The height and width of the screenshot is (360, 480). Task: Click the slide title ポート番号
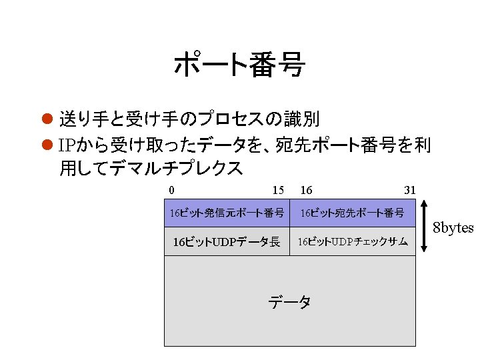tap(239, 66)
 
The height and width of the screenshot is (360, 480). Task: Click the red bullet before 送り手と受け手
tap(47, 119)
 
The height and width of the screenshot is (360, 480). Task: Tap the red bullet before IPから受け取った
tap(47, 145)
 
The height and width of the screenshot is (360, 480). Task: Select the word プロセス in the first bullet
tap(230, 119)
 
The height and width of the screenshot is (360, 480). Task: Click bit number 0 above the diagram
tap(172, 191)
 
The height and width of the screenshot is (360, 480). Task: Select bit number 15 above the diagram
tap(279, 191)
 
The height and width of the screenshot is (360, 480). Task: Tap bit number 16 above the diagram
tap(307, 191)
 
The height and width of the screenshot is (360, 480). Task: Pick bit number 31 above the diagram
tap(410, 191)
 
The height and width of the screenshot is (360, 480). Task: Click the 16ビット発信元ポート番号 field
tap(227, 213)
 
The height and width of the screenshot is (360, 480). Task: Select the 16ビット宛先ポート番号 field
tap(352, 213)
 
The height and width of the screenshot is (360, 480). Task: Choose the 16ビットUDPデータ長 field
tap(227, 241)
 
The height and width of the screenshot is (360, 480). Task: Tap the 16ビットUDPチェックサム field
tap(352, 241)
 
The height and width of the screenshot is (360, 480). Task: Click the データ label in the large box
tap(289, 302)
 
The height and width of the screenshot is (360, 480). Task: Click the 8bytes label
tap(453, 228)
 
